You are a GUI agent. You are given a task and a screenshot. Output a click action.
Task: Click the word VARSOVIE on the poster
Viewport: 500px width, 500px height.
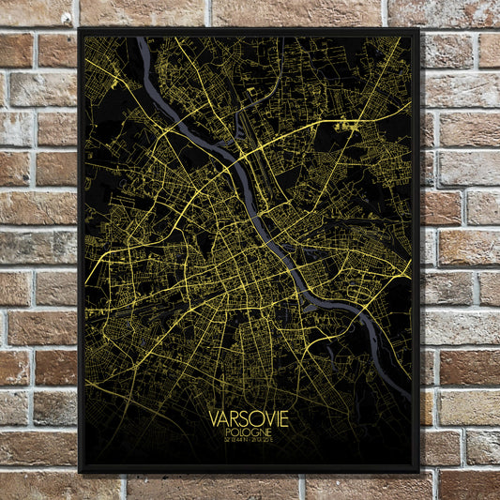click(x=250, y=418)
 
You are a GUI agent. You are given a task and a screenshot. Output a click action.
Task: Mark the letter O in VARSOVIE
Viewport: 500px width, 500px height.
click(x=255, y=418)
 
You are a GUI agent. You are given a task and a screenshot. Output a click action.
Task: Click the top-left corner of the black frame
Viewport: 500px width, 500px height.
click(x=81, y=29)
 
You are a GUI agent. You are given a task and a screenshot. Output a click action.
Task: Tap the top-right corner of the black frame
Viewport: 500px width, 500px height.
click(x=418, y=29)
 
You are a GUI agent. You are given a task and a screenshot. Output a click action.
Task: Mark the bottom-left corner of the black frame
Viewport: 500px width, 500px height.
click(x=81, y=471)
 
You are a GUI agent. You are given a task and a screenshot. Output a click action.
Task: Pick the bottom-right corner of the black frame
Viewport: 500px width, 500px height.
click(x=418, y=471)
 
